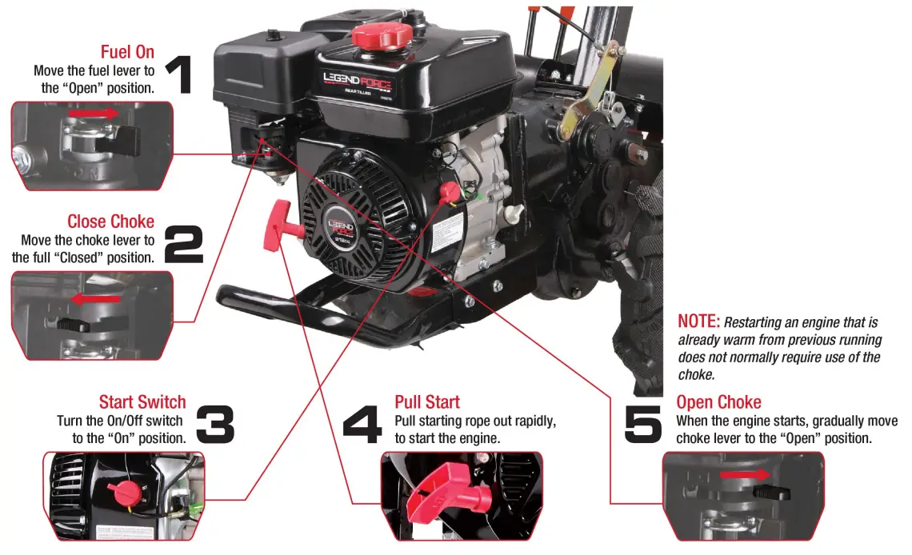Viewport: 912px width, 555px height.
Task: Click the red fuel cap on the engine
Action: (x=380, y=34)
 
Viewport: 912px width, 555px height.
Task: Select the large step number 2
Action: (x=183, y=246)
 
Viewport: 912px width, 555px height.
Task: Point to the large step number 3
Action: (x=214, y=425)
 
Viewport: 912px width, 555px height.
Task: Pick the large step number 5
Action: (x=643, y=425)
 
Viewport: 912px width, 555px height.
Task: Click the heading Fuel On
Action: (x=127, y=53)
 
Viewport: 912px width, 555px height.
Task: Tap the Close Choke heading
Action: (x=110, y=222)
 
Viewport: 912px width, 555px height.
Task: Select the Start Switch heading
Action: (x=142, y=401)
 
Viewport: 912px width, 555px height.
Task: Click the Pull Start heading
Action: (x=427, y=401)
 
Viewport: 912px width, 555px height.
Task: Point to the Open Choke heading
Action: (x=718, y=401)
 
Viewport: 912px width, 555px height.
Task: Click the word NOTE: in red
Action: (x=699, y=321)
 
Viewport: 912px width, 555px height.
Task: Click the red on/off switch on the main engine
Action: (x=449, y=192)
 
